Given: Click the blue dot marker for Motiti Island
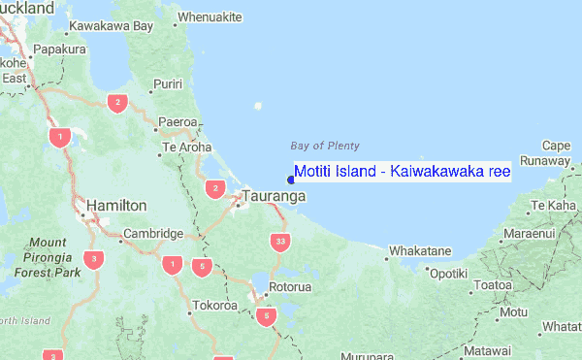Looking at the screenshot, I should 291,179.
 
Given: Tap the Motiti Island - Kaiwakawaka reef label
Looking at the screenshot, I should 403,172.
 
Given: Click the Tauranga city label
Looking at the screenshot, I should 275,196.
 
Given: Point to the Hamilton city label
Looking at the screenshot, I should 116,206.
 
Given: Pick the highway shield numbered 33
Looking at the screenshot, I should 281,241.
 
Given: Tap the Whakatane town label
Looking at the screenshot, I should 420,251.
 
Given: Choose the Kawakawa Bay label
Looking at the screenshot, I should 113,25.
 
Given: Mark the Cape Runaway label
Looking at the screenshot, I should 549,152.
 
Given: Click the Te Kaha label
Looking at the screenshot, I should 555,206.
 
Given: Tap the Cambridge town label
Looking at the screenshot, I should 153,234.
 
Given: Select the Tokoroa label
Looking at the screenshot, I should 214,306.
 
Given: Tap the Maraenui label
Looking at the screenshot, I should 529,235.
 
